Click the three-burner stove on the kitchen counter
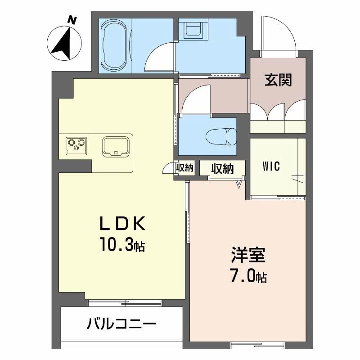tap(75, 145)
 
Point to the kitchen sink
tap(116, 147)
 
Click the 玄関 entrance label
tap(278, 80)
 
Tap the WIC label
tap(271, 166)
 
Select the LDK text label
tap(121, 224)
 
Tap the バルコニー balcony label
tap(121, 324)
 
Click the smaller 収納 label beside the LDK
tap(184, 168)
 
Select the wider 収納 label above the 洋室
tap(222, 169)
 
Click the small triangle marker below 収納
tap(239, 183)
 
